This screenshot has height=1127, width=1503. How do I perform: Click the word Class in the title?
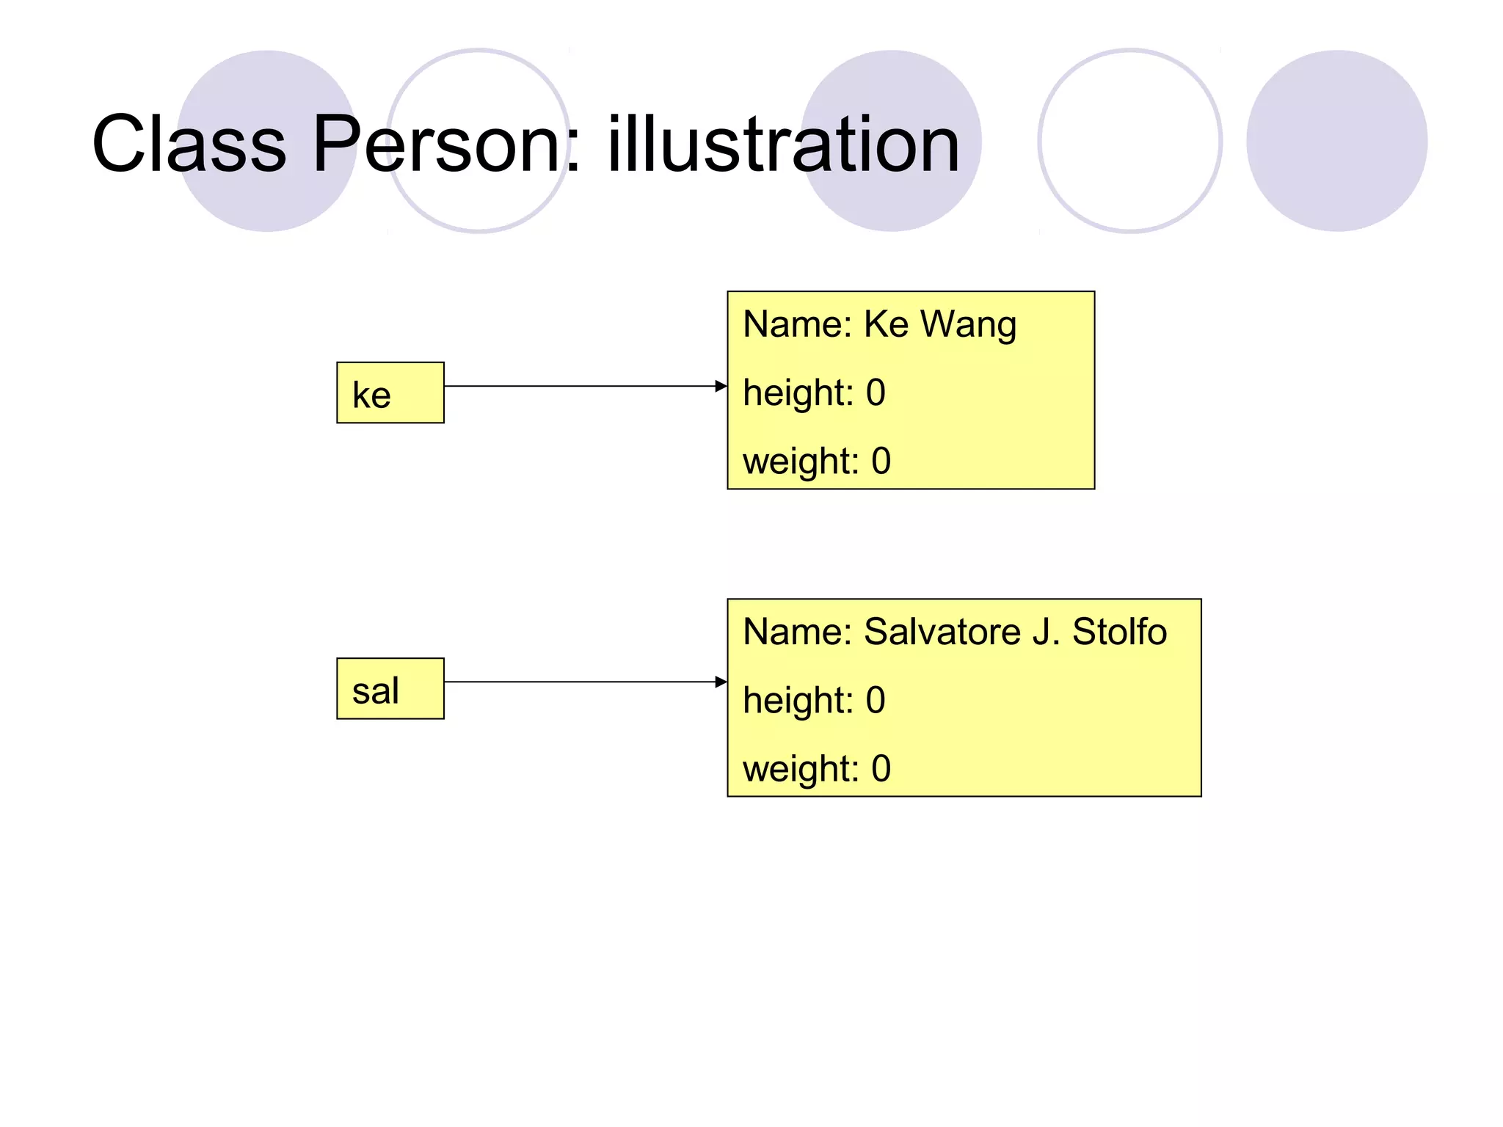click(189, 144)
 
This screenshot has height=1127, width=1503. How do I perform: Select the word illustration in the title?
click(783, 144)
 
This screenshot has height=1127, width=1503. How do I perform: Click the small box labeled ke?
click(390, 393)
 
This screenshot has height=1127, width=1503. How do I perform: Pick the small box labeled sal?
click(390, 688)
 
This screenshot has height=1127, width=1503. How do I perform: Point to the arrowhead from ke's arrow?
click(721, 386)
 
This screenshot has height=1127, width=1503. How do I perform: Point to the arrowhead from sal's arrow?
click(721, 682)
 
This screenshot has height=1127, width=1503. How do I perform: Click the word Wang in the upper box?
click(968, 324)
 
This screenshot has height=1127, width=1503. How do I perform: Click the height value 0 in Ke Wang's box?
click(876, 393)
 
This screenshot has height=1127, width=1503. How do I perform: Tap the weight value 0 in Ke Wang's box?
click(881, 461)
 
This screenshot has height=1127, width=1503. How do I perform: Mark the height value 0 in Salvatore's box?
click(876, 700)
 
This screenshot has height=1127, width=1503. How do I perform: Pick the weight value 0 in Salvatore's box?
click(881, 768)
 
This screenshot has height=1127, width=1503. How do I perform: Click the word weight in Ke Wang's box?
click(799, 462)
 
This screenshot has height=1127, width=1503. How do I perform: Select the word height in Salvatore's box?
click(797, 701)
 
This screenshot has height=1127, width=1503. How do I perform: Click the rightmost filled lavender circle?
click(1336, 141)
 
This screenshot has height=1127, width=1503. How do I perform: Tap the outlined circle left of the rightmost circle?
click(1130, 141)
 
